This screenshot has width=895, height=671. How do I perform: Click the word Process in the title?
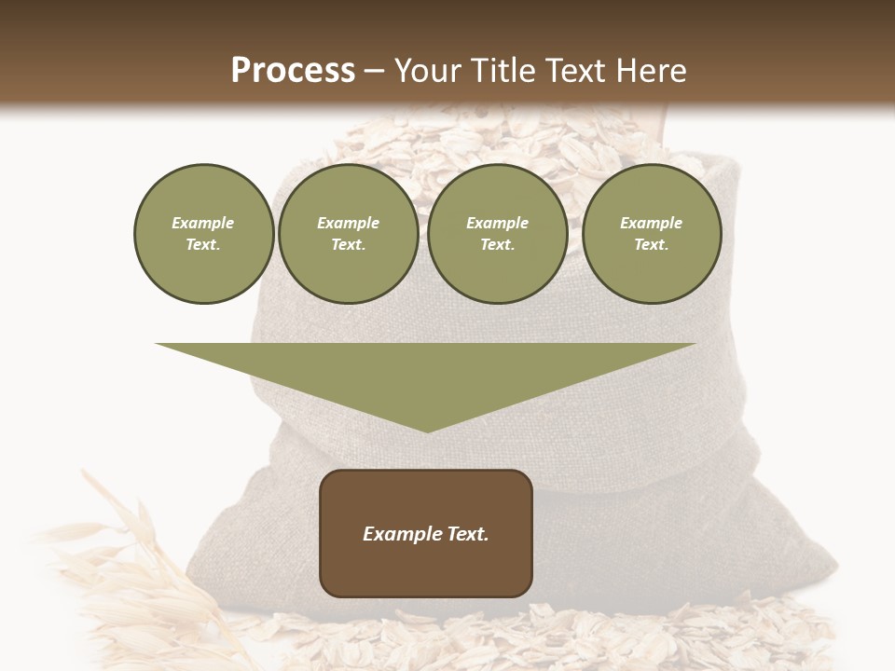(293, 70)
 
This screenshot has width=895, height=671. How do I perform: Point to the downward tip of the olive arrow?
(427, 431)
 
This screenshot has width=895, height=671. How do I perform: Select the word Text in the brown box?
(469, 534)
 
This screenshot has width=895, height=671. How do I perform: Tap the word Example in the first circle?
(203, 223)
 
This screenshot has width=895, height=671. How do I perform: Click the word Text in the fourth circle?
(651, 244)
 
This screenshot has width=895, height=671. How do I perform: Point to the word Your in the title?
(425, 70)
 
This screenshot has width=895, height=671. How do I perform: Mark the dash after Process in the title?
(374, 71)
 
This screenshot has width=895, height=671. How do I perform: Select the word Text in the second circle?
(348, 244)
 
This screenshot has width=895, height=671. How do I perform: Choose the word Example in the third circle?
(497, 223)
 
